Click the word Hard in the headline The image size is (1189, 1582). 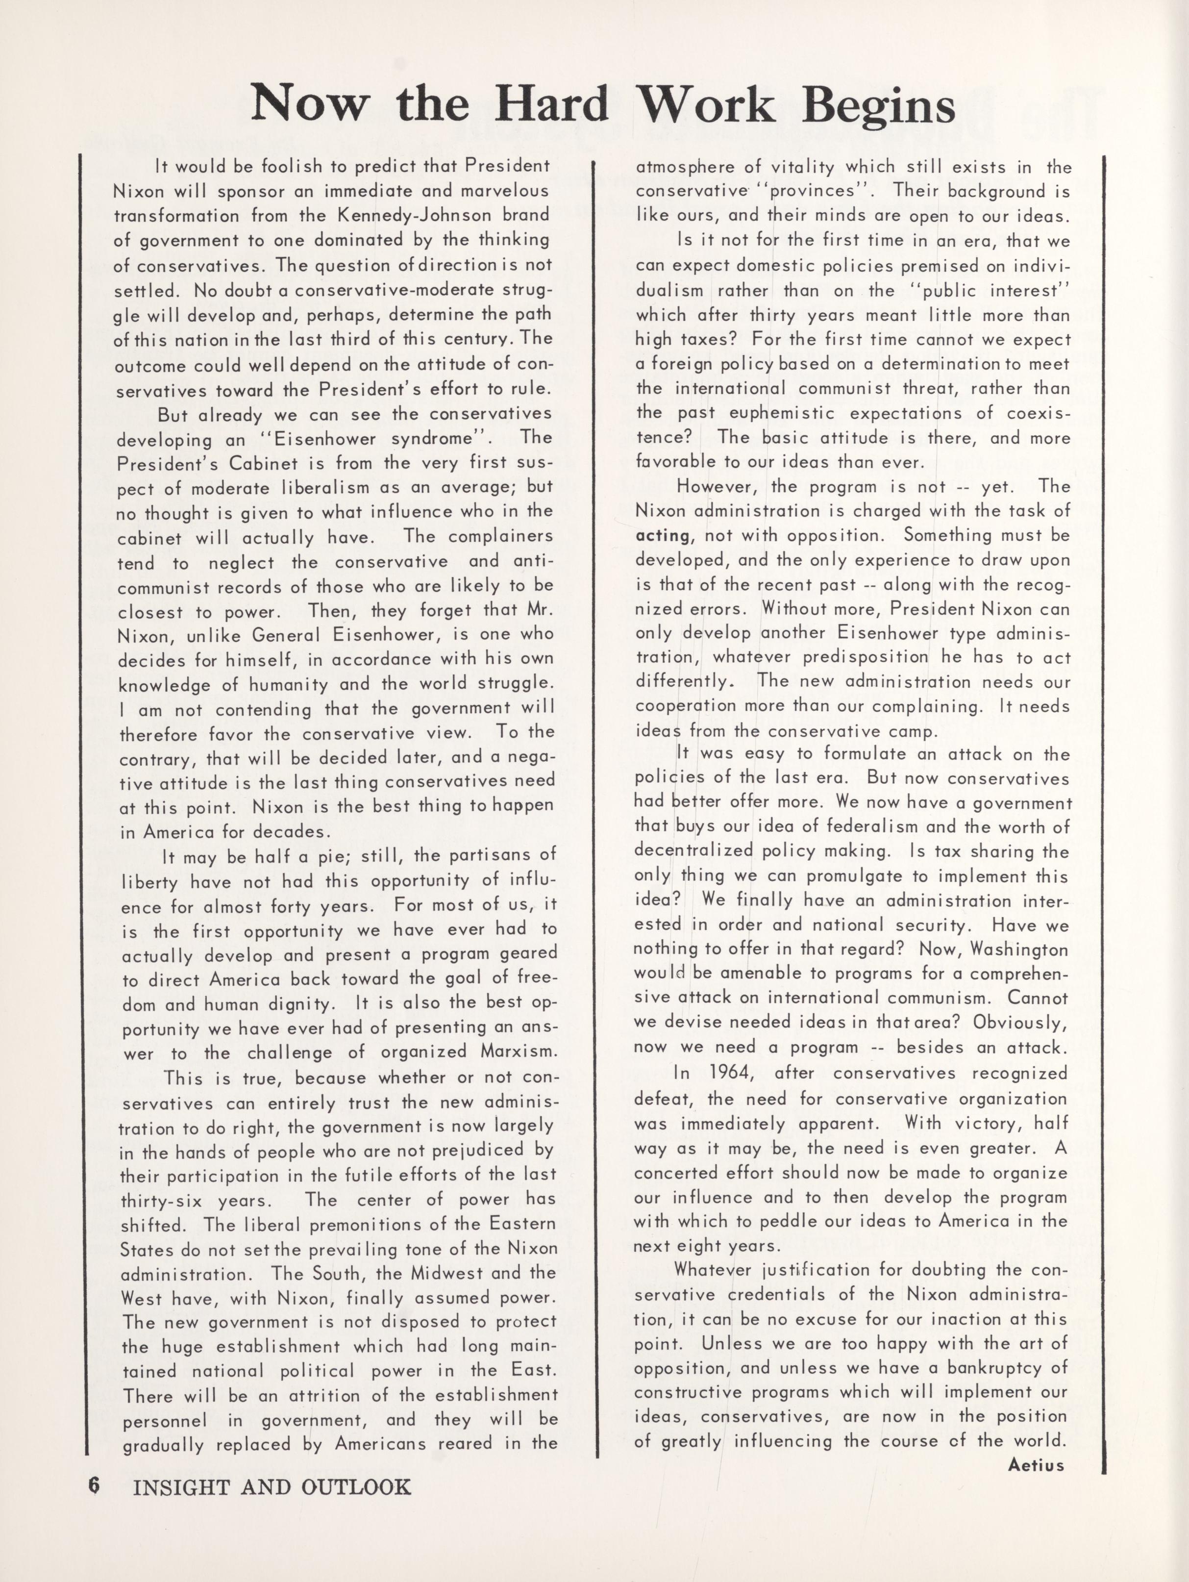tap(550, 104)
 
